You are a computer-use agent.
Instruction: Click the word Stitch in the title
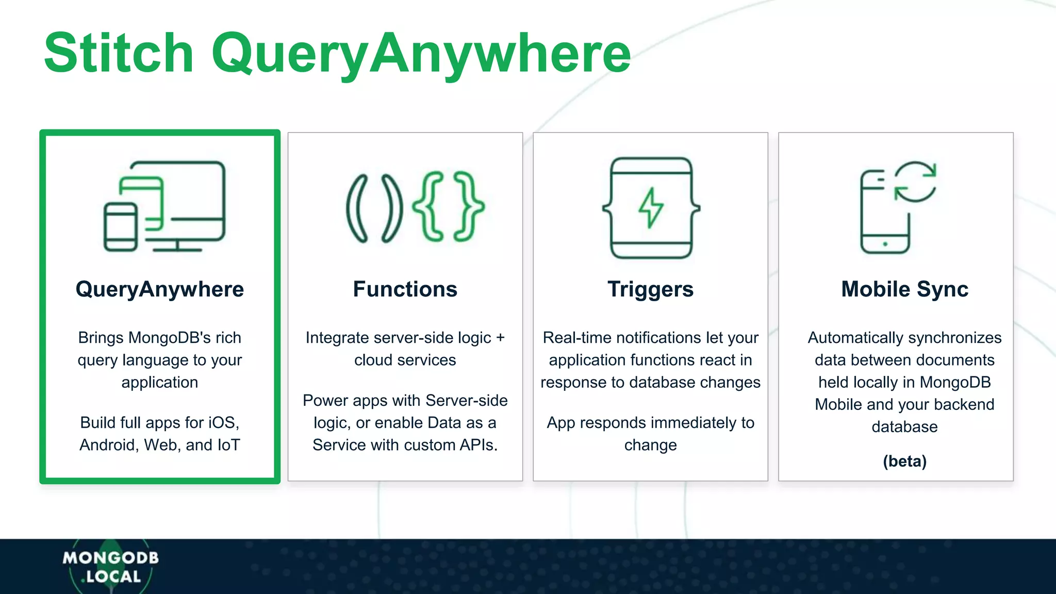(x=119, y=53)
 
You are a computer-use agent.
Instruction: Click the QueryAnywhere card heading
(x=160, y=289)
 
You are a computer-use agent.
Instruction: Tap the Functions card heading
(x=405, y=289)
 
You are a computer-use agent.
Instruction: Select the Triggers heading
(x=650, y=289)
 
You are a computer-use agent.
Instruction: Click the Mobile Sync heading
(x=904, y=289)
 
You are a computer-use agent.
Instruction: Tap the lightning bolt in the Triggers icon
(x=651, y=207)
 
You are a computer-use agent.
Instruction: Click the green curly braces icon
(x=448, y=206)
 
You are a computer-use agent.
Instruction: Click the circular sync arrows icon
(x=915, y=181)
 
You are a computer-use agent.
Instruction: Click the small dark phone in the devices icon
(x=121, y=227)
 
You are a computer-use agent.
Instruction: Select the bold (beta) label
(x=904, y=461)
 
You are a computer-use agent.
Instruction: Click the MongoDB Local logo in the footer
(x=110, y=567)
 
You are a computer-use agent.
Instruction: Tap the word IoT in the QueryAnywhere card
(x=228, y=445)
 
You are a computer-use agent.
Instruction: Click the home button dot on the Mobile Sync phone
(x=885, y=244)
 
